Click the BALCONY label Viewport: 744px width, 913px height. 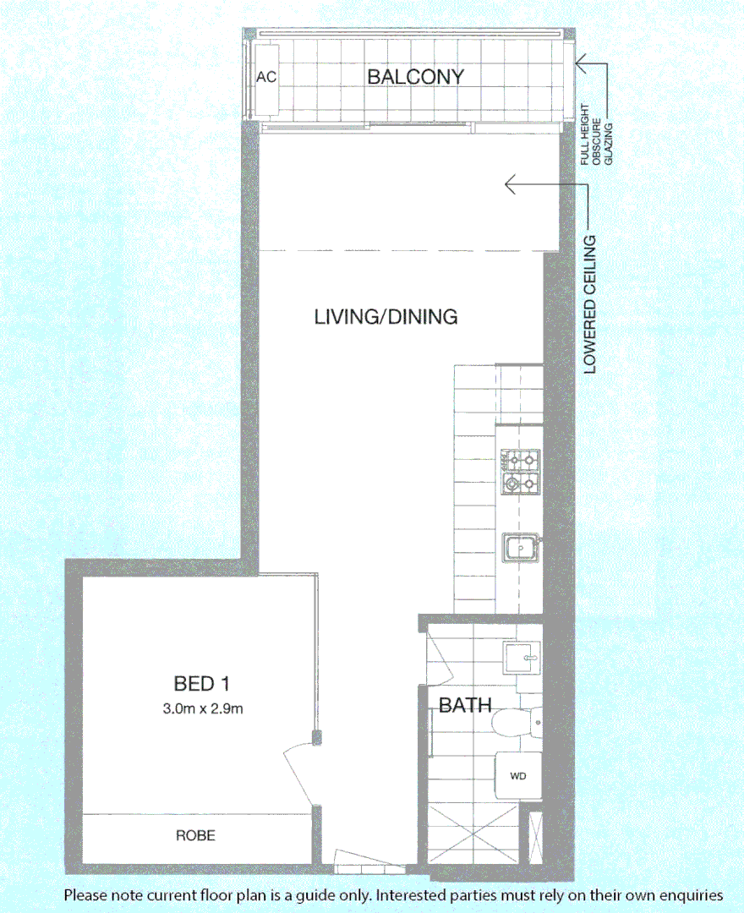point(415,77)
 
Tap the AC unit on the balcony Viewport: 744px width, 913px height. point(266,78)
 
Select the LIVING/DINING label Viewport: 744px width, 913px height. point(386,317)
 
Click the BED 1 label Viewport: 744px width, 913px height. point(202,682)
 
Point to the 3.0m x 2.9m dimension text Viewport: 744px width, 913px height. point(203,708)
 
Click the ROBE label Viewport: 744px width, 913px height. point(195,835)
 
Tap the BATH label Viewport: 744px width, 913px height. point(465,704)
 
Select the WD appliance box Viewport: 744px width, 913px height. point(517,774)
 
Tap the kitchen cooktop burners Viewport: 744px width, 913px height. point(519,472)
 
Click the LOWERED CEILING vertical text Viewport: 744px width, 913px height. point(589,304)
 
